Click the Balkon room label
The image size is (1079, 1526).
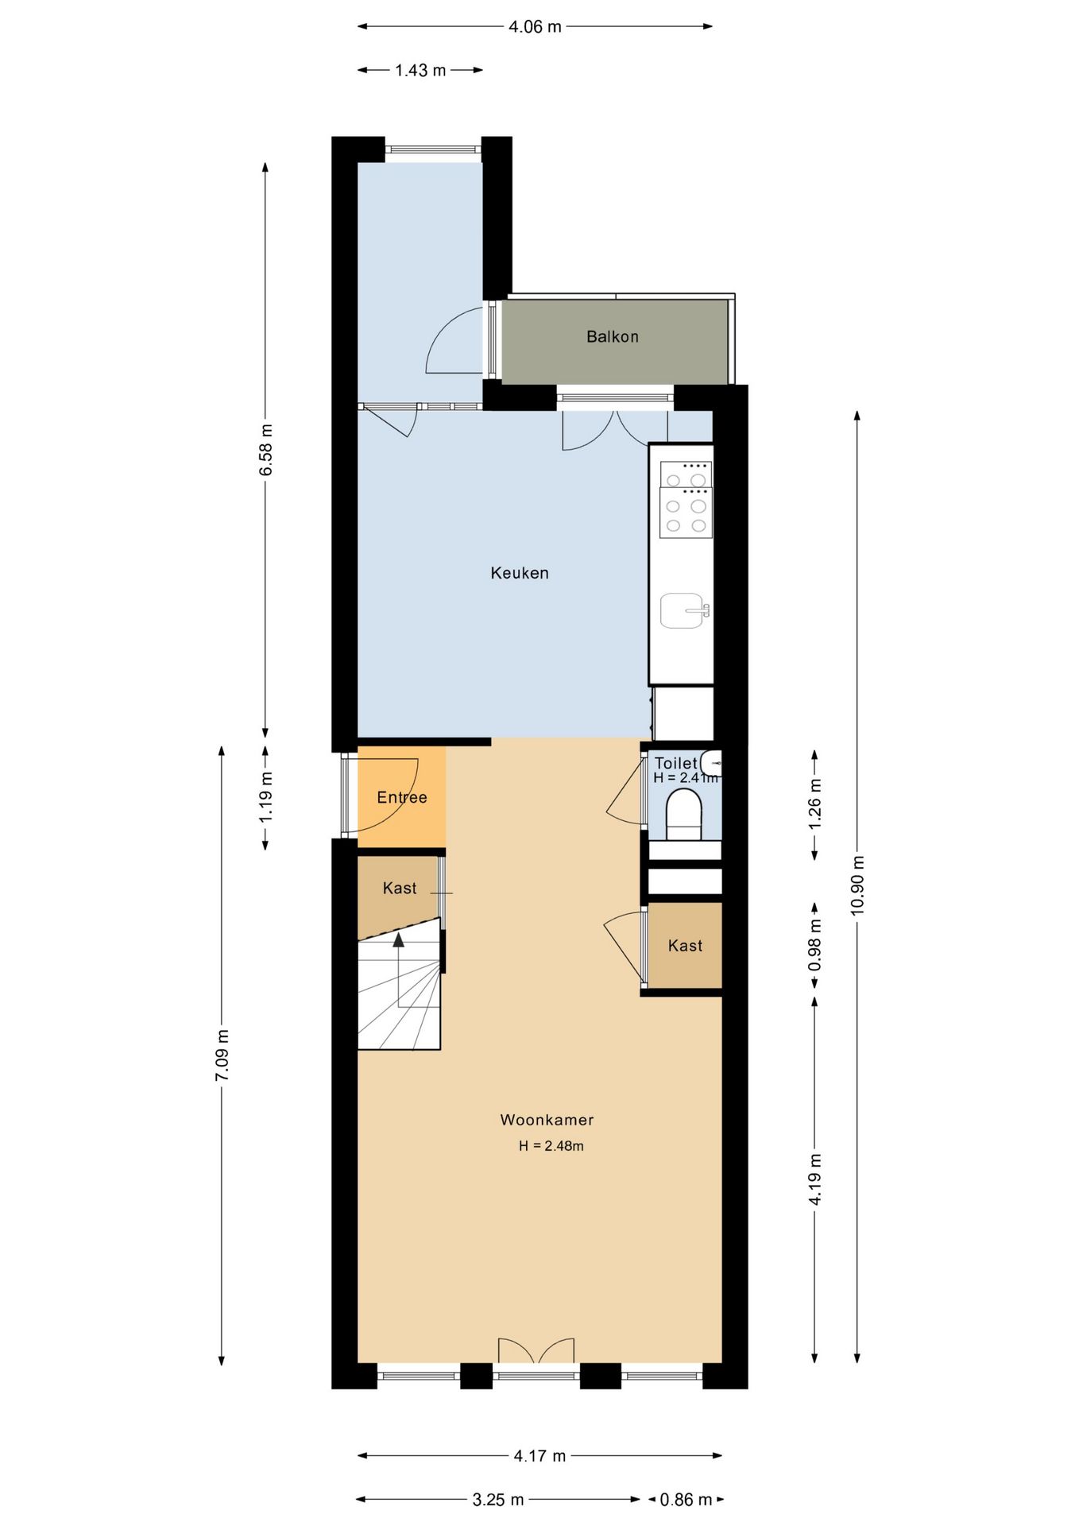point(612,337)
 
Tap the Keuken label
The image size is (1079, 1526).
point(520,573)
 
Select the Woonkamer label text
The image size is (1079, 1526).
point(547,1120)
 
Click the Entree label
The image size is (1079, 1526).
point(402,797)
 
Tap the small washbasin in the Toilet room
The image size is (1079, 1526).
point(712,763)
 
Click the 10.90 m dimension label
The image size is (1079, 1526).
point(857,885)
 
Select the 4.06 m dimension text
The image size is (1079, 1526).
point(535,27)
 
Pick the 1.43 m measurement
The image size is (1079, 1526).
point(420,71)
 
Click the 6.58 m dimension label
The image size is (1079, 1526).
point(266,450)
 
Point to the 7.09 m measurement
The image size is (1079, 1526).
point(222,1055)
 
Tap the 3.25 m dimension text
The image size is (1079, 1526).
point(498,1500)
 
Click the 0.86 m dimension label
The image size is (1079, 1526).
point(686,1500)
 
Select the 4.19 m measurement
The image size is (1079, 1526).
point(815,1179)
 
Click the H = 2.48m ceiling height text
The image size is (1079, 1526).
point(551,1146)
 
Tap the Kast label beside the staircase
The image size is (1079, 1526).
point(400,889)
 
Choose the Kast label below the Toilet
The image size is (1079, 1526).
point(685,946)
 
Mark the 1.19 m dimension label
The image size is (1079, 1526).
point(266,796)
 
